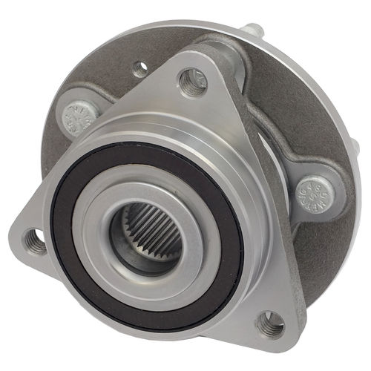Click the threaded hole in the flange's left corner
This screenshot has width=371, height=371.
[x=35, y=240]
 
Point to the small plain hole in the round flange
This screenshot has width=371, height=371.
[x=140, y=70]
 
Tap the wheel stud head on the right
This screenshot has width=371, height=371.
[x=317, y=194]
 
